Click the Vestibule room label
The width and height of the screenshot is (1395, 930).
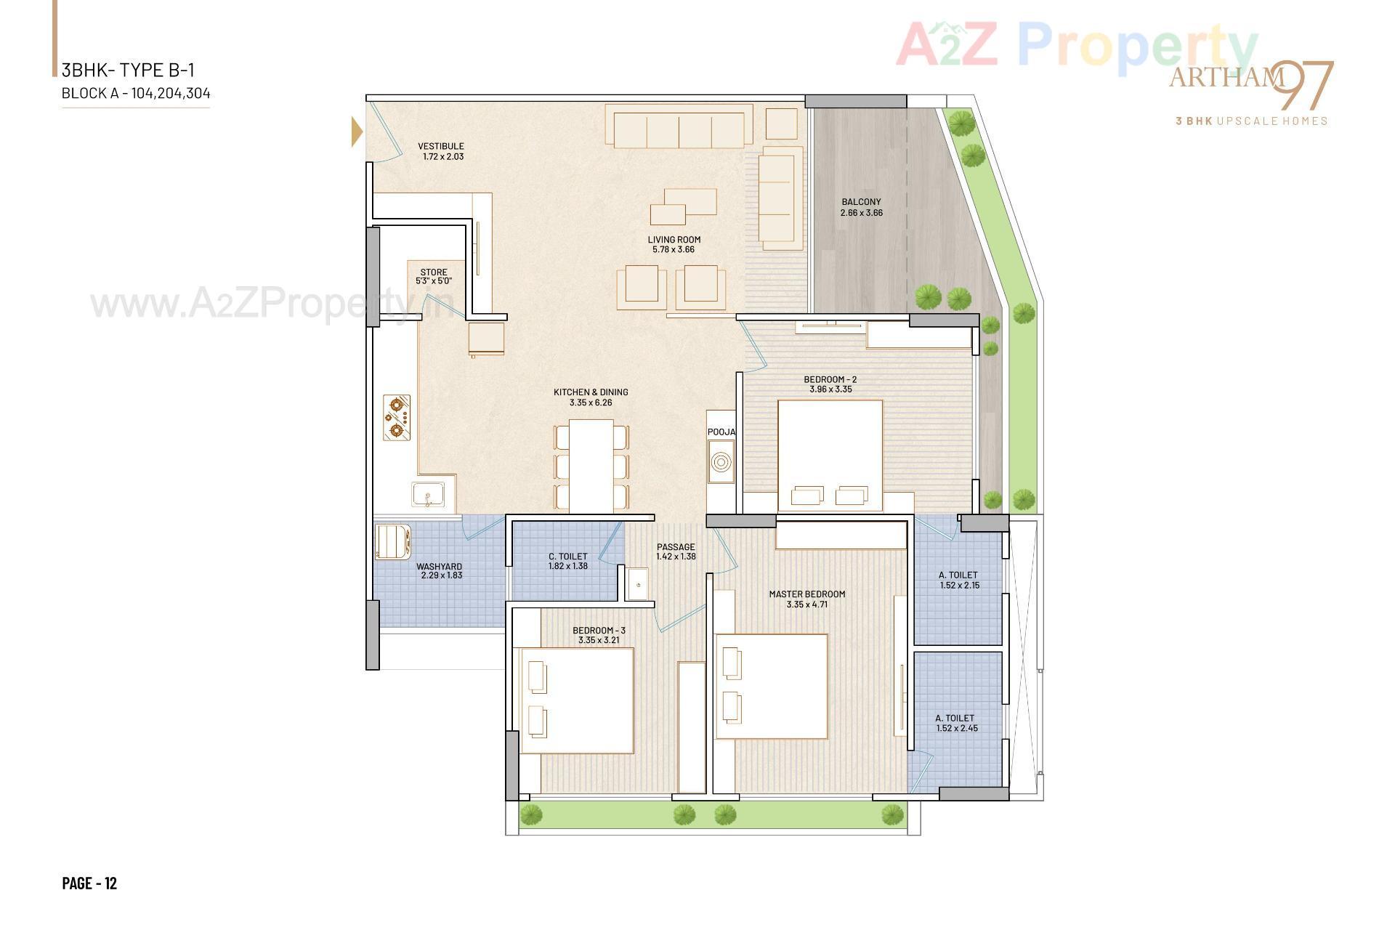pos(440,146)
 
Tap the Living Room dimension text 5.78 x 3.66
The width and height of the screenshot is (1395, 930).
pos(674,250)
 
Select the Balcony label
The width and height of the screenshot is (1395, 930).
pos(861,202)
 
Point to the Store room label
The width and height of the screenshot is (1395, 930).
pos(434,272)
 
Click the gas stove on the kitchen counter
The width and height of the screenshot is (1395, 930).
pos(397,418)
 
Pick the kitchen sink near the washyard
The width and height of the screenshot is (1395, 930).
pos(429,495)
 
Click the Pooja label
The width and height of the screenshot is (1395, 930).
pos(721,432)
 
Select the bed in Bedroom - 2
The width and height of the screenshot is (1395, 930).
pos(830,456)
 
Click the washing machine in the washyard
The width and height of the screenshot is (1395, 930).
pos(393,543)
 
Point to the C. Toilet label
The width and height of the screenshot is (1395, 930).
pos(567,557)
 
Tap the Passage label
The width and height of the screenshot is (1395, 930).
pos(676,547)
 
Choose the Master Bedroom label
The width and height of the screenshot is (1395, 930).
pos(806,594)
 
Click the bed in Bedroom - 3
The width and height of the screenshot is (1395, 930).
pos(577,700)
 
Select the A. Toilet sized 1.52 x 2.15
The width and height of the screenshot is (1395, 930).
pos(958,580)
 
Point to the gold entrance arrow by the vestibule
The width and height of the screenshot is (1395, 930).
pos(356,132)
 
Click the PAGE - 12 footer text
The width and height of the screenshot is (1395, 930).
pos(89,883)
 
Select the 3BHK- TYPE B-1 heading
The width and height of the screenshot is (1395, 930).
pos(128,70)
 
